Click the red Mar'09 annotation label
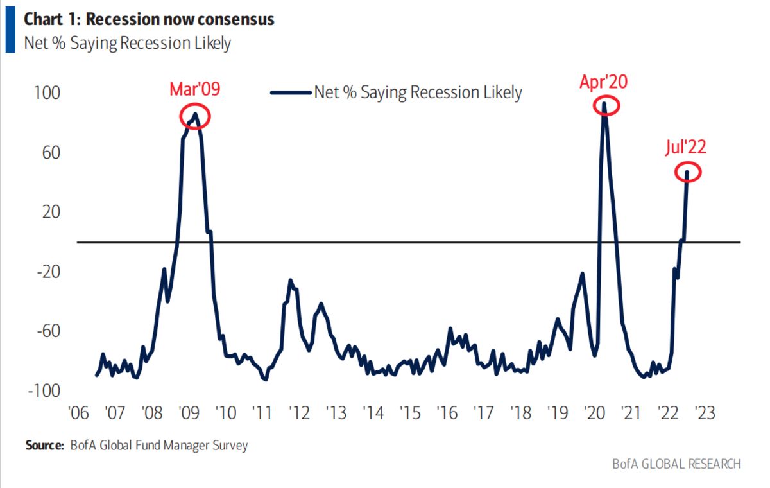(194, 89)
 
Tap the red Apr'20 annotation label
(603, 82)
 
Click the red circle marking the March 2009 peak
(194, 116)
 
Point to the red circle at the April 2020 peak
(604, 106)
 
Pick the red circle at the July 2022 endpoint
(688, 172)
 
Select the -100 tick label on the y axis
(42, 391)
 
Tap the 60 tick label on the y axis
(50, 153)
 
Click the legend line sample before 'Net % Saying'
(291, 92)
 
